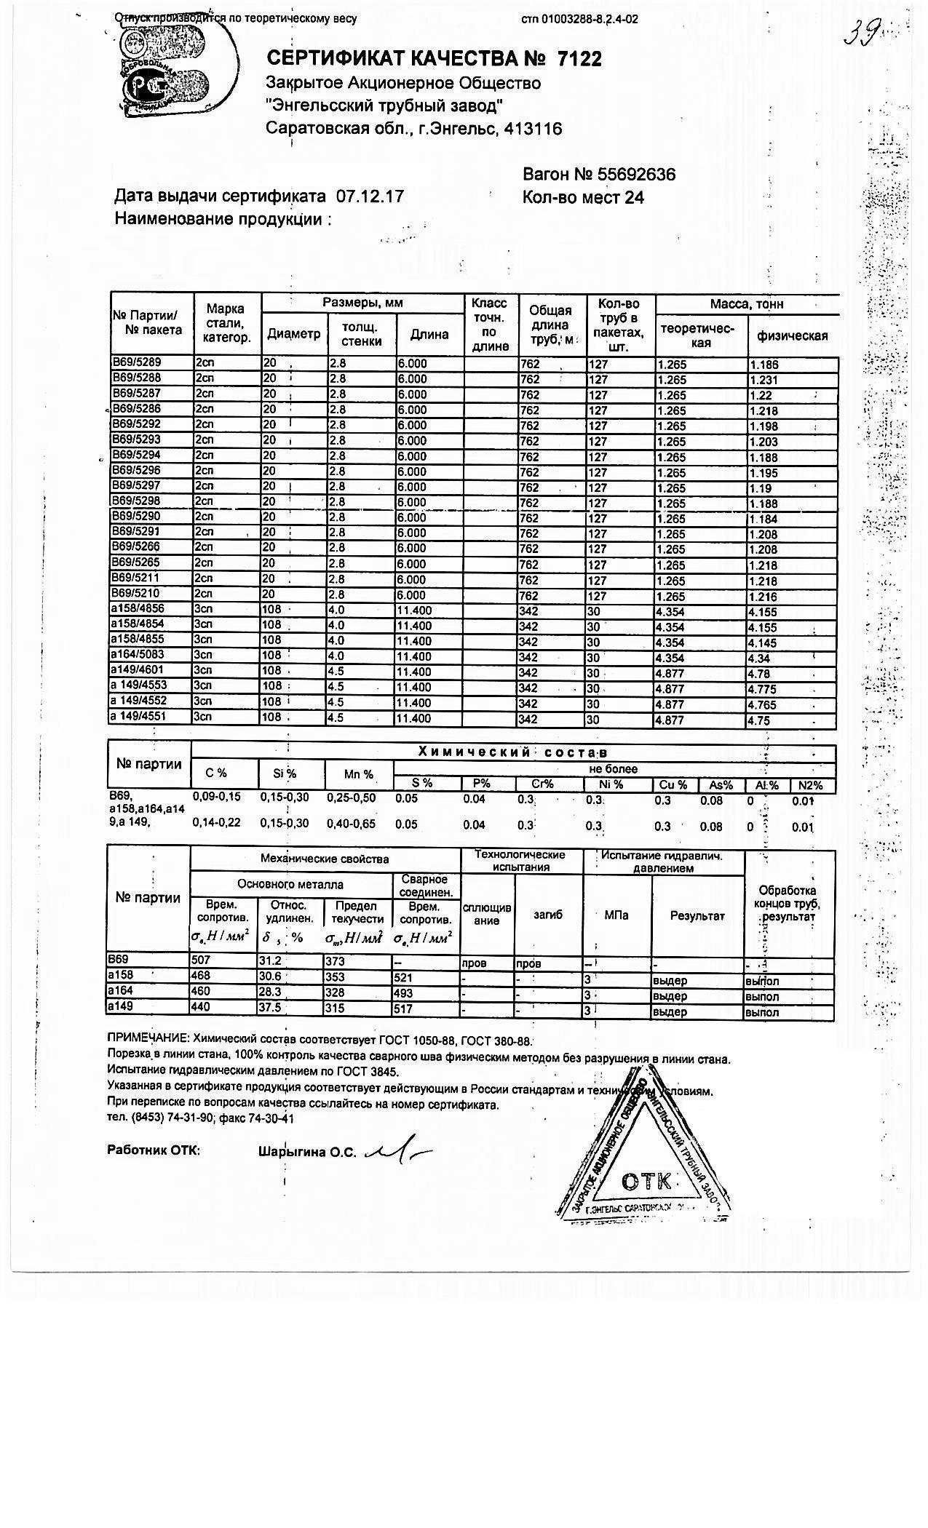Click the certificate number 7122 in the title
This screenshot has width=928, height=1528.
[579, 59]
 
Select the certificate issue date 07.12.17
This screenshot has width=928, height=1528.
[369, 196]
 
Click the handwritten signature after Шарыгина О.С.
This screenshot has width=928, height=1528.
[400, 1150]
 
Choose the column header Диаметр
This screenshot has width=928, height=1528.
[293, 335]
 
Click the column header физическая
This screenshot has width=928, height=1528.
[793, 335]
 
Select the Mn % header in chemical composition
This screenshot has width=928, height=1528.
[360, 774]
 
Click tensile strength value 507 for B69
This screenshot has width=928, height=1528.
[200, 961]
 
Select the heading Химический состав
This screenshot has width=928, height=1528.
[512, 752]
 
